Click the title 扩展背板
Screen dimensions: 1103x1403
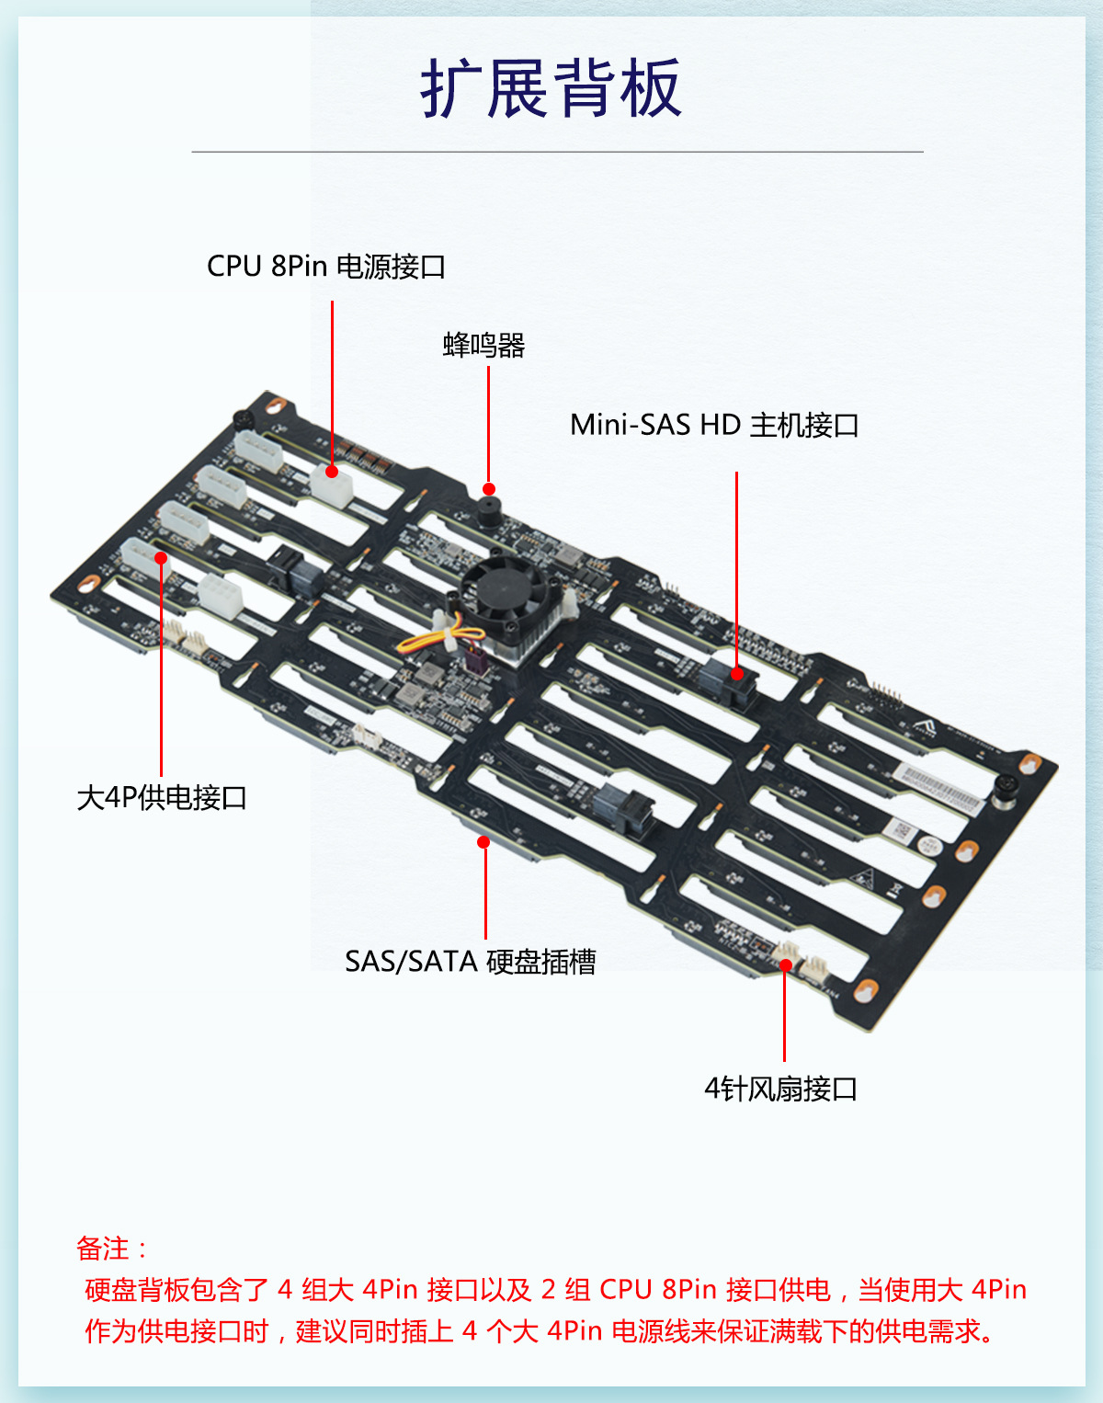tap(551, 88)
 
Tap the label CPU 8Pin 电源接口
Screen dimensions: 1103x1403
tap(326, 267)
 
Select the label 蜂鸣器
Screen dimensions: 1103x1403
tap(483, 346)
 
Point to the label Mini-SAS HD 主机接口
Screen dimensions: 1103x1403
tap(714, 425)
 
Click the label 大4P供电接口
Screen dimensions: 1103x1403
tap(162, 797)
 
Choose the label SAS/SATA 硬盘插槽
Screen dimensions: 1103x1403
tap(471, 962)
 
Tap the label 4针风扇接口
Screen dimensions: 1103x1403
tap(780, 1089)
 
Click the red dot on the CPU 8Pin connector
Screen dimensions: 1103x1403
tap(332, 472)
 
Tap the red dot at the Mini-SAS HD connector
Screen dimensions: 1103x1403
tap(736, 674)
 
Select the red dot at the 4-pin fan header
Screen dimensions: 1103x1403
tap(785, 964)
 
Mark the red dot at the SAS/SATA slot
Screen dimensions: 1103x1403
tap(483, 842)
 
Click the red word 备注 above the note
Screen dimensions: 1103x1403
tap(103, 1249)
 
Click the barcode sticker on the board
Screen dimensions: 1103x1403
tap(938, 789)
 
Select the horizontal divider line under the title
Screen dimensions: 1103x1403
tap(557, 152)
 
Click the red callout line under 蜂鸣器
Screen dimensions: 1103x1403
tap(488, 423)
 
